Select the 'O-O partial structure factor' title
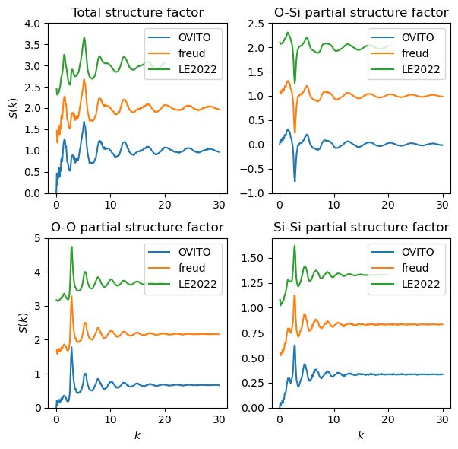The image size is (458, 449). (137, 227)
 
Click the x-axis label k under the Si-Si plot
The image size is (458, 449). (360, 435)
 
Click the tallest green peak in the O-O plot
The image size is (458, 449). (71, 247)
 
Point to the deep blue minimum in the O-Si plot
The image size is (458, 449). (295, 180)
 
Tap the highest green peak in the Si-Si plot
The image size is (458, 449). (295, 246)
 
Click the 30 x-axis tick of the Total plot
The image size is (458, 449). (219, 205)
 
